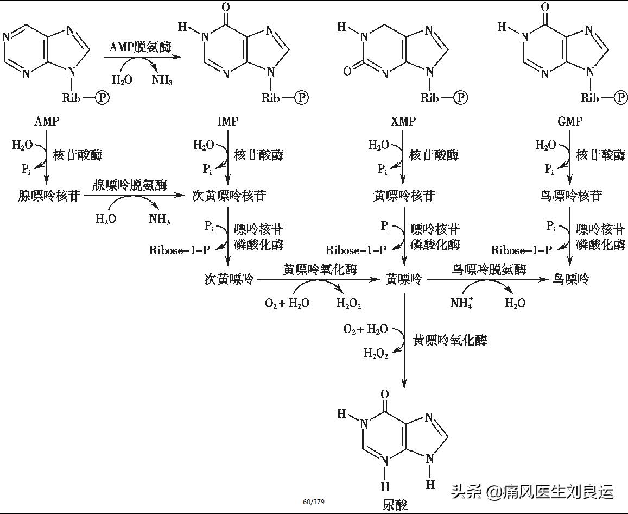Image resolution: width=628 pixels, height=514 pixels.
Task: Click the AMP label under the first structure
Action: click(x=46, y=121)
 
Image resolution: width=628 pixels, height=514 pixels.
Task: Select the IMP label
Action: click(x=227, y=121)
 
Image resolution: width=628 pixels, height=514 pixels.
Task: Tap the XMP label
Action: click(x=403, y=121)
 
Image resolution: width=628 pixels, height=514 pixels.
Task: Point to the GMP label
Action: click(x=570, y=121)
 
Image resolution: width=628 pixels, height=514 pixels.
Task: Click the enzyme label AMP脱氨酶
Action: click(x=140, y=47)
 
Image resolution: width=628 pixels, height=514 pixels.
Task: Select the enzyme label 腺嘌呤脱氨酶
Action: click(x=130, y=185)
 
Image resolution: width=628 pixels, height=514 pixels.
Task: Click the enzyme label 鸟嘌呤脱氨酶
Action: click(x=489, y=269)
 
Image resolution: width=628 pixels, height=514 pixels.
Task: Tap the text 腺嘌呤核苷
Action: click(x=49, y=196)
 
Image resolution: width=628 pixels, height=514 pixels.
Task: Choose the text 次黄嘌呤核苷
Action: click(x=229, y=196)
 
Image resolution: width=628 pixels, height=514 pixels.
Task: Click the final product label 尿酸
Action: click(x=395, y=505)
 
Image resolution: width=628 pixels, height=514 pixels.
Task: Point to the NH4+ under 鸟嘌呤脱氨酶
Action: click(x=462, y=303)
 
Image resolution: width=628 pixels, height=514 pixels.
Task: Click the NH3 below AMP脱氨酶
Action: click(x=162, y=80)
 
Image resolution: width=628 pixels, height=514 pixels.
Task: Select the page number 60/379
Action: click(x=314, y=502)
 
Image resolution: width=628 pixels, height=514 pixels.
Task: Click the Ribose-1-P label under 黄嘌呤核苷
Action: click(x=356, y=250)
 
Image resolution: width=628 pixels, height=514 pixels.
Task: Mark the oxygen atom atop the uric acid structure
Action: click(x=385, y=394)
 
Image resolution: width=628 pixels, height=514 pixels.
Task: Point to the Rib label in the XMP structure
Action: click(x=430, y=98)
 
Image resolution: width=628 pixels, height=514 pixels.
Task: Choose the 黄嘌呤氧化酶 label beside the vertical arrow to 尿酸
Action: click(x=449, y=341)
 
